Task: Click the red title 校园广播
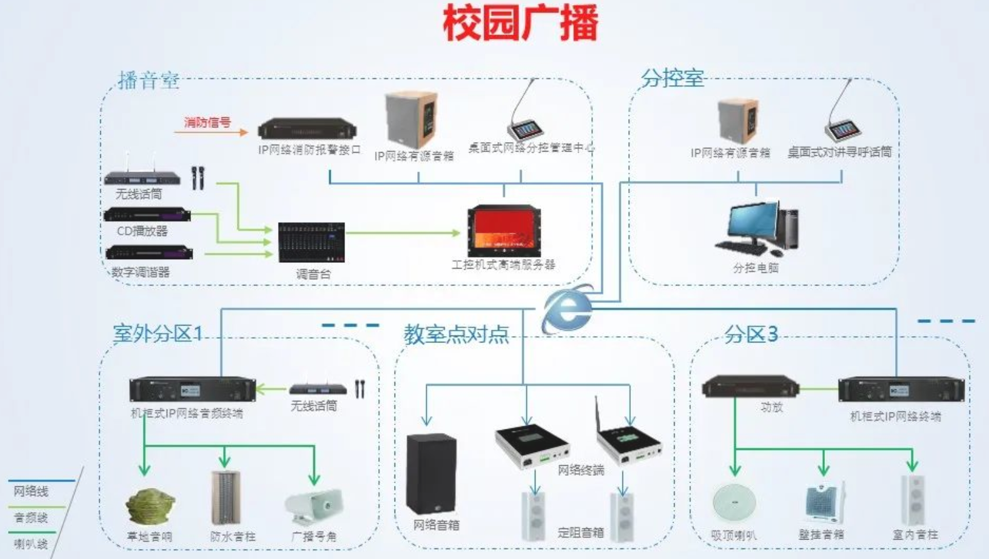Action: coord(520,23)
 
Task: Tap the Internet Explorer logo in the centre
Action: coord(567,309)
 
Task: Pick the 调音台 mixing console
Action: coord(311,242)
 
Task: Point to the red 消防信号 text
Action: coord(207,123)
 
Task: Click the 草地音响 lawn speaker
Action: coord(150,506)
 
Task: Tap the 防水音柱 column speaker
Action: coord(225,498)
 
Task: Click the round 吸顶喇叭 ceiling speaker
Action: coord(734,503)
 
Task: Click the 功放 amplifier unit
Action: coord(750,386)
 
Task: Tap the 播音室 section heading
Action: coord(148,81)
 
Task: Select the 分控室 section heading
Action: coord(672,78)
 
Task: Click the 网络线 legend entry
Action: coord(31,491)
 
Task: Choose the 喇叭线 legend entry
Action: coord(31,544)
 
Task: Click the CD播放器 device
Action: coord(147,215)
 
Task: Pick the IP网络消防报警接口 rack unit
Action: coord(307,130)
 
